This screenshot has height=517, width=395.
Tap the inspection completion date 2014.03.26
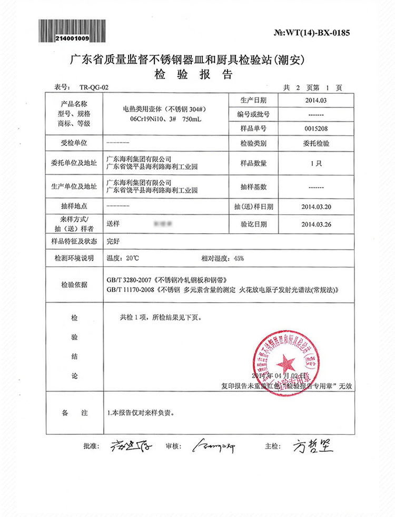315,224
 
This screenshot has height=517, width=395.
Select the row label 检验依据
74,285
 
